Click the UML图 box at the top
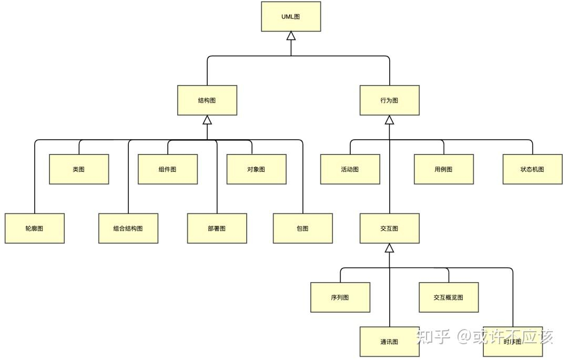coord(291,17)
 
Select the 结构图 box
coord(207,100)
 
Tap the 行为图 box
coord(389,100)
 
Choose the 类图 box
coord(79,169)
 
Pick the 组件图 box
coord(168,169)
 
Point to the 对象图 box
coord(257,169)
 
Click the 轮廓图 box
coord(35,228)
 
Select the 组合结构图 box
coord(128,228)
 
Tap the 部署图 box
coord(217,228)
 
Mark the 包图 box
coord(303,228)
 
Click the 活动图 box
coord(350,169)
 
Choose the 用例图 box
coord(444,169)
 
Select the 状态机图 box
coord(532,169)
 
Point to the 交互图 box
coord(389,228)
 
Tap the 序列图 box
coord(340,297)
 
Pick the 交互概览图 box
coord(449,297)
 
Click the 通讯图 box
coord(389,342)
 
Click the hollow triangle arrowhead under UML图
coord(291,36)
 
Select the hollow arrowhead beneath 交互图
coord(389,248)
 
